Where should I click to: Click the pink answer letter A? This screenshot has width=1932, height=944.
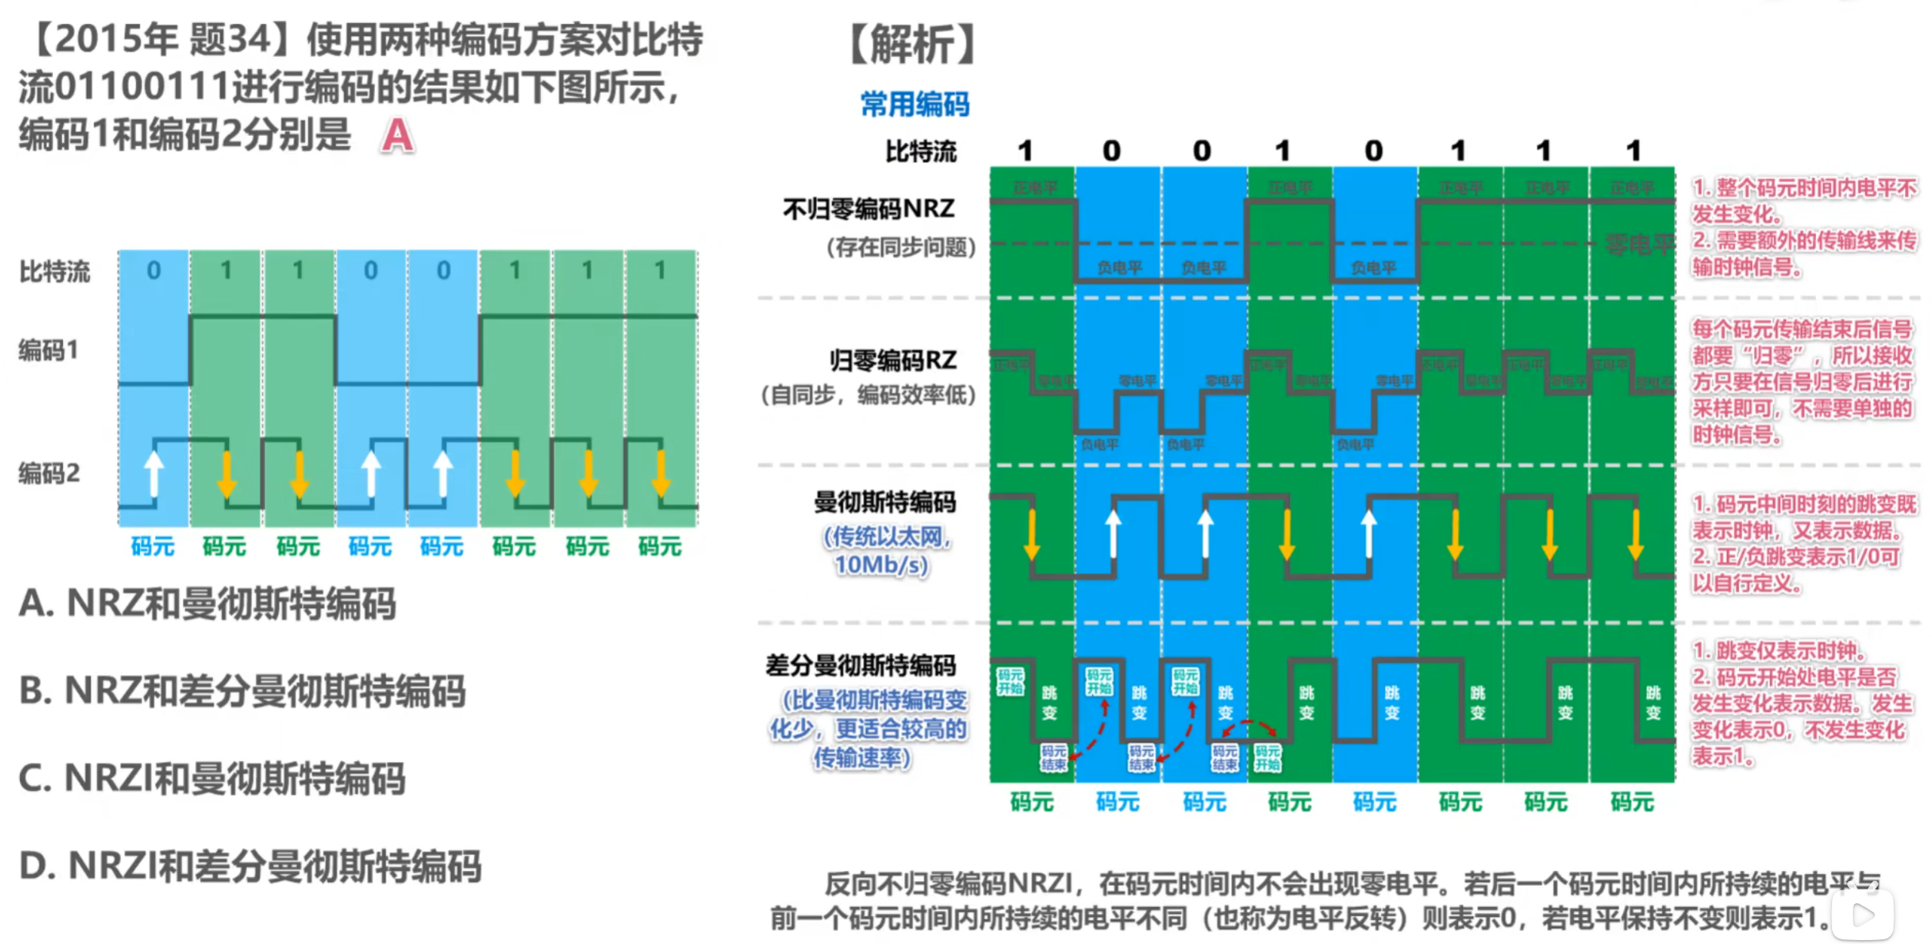(x=397, y=136)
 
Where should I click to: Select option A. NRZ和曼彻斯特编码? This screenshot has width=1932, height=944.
(x=207, y=603)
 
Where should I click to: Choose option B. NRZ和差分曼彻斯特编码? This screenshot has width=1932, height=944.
(x=242, y=691)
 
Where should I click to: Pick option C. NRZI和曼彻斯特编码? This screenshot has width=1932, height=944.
(x=212, y=779)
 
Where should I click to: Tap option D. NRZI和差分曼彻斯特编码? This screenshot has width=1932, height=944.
(x=251, y=866)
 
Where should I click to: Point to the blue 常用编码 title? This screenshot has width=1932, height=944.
(x=915, y=104)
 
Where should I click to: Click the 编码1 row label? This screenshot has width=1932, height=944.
(x=48, y=351)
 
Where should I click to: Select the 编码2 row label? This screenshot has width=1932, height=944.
(x=49, y=473)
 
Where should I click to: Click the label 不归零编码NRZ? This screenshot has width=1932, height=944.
(x=868, y=208)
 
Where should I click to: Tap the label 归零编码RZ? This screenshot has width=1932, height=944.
(x=892, y=360)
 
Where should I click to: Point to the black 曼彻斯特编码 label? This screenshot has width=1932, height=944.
(x=885, y=503)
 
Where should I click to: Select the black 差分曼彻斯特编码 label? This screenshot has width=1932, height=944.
(x=861, y=665)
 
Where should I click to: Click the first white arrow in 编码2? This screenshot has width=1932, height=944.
(x=154, y=472)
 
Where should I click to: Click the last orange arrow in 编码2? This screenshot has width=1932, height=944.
(x=661, y=474)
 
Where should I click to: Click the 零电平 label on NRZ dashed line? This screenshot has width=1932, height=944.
(x=1638, y=244)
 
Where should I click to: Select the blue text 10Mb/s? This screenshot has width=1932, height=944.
(x=881, y=565)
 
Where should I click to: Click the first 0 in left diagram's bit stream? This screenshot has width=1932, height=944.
(x=154, y=271)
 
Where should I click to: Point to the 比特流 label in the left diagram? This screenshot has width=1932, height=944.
(x=55, y=271)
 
